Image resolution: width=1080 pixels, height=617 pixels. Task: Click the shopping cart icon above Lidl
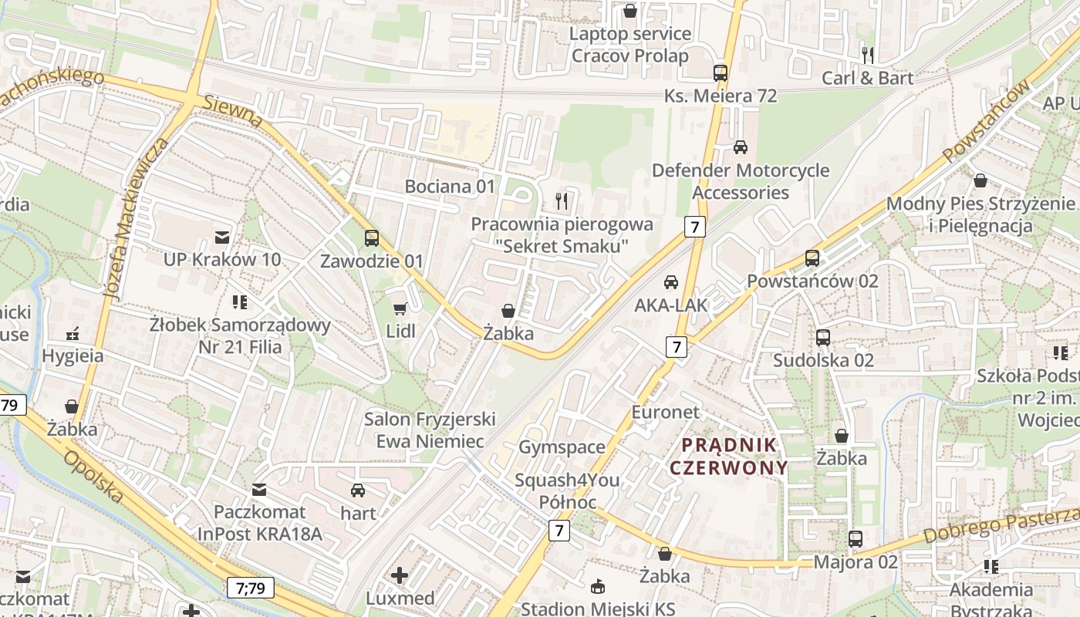(x=399, y=309)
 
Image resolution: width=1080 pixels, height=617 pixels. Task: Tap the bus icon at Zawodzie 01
(x=372, y=238)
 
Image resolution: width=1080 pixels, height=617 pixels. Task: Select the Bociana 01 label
(x=450, y=186)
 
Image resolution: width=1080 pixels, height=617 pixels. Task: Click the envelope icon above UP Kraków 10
(x=222, y=237)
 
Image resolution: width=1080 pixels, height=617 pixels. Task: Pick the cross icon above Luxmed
(x=400, y=575)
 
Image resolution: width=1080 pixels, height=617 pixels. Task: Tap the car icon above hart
(x=358, y=491)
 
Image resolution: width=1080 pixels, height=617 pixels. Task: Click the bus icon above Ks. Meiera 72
(x=721, y=73)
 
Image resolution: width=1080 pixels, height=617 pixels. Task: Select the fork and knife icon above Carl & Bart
(x=868, y=55)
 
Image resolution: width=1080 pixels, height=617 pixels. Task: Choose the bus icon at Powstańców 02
(x=812, y=258)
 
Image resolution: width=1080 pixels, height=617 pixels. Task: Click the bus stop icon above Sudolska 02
(x=823, y=337)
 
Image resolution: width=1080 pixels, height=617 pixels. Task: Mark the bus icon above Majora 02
(x=856, y=539)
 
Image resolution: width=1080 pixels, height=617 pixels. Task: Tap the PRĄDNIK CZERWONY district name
(x=729, y=456)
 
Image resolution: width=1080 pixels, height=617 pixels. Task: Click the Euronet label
(x=665, y=412)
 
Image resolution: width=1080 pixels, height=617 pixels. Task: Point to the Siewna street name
(x=234, y=112)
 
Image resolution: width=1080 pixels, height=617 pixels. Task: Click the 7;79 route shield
(x=251, y=588)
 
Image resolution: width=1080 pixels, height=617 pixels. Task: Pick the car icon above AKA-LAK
(x=671, y=282)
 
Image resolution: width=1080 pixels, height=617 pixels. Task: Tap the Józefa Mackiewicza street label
(x=136, y=220)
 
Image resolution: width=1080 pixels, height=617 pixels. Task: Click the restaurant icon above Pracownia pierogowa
(x=562, y=201)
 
